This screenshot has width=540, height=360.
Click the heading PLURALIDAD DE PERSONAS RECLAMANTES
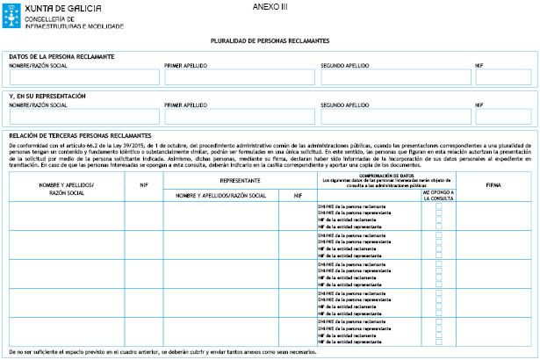pos(270,41)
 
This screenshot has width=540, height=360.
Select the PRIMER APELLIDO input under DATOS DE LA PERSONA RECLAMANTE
pos(237,77)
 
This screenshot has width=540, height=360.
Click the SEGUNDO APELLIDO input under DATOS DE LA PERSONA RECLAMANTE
pos(392,77)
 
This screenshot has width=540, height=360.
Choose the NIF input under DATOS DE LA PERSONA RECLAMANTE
pos(502,77)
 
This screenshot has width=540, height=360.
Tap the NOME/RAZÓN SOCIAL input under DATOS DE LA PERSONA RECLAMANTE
pos(83,77)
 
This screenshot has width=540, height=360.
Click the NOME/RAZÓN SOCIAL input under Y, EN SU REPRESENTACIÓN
pos(83,116)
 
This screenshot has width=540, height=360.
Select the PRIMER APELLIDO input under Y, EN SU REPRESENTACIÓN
pos(237,116)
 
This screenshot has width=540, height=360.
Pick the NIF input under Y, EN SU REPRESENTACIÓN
pos(502,116)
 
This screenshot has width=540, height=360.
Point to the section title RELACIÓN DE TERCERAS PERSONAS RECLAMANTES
pos(80,135)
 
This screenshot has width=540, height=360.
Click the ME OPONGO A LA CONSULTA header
pos(438,193)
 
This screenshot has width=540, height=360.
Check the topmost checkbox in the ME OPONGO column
pos(439,205)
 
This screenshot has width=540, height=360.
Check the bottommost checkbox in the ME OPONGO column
pos(439,342)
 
